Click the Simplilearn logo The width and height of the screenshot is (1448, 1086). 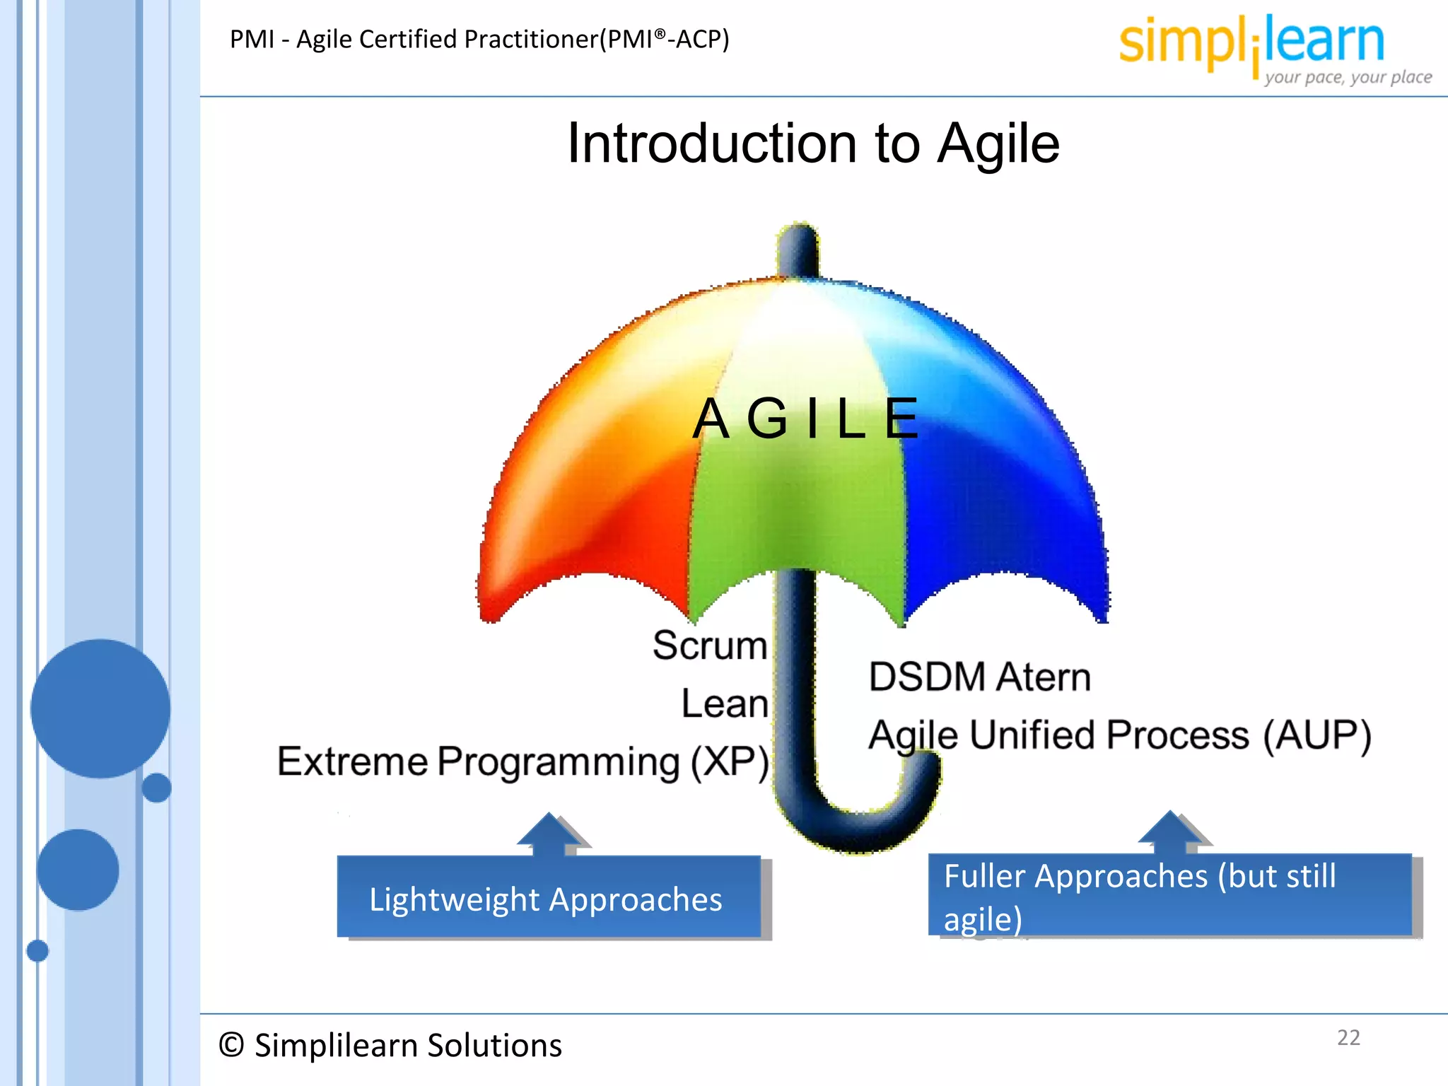1251,42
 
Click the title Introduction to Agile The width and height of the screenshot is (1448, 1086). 813,144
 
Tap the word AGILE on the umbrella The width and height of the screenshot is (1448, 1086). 806,419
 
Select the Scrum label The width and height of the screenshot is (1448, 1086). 710,646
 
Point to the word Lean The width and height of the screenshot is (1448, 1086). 725,704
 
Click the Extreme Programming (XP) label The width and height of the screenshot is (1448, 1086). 523,762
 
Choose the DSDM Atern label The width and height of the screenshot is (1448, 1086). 980,677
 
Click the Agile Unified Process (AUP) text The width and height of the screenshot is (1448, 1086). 1120,735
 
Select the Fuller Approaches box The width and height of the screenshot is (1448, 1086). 1170,896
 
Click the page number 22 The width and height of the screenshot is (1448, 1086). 1348,1037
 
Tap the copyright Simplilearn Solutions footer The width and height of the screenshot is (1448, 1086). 390,1045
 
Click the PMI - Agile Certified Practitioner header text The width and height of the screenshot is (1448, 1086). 479,40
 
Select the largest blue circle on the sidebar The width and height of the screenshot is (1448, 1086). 100,708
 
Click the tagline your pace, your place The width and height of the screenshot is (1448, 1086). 1348,77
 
